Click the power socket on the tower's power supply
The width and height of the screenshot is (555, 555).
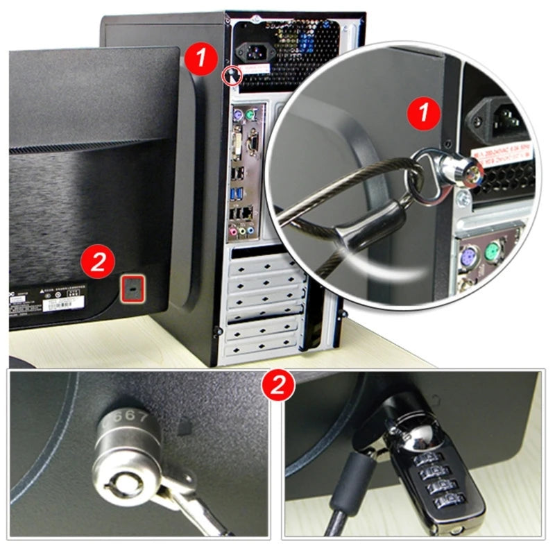pos(250,53)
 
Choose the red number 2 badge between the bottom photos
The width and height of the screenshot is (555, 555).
pos(277,384)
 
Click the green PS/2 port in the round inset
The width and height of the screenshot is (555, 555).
pos(493,253)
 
